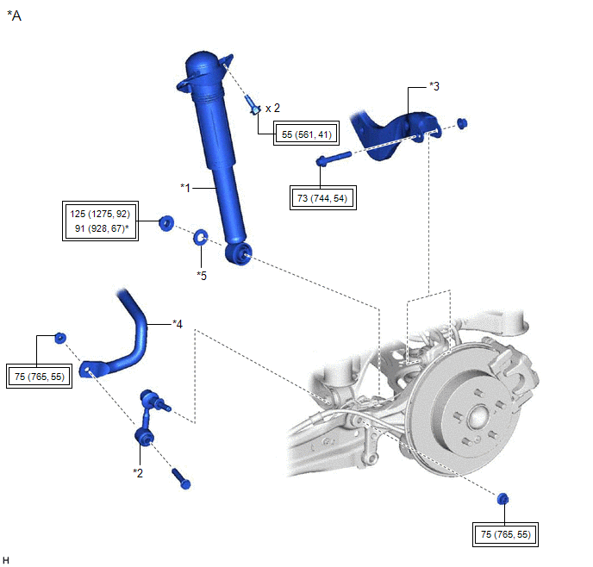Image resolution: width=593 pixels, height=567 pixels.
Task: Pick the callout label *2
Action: pos(137,472)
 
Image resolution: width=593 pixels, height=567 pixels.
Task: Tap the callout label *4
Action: pos(177,324)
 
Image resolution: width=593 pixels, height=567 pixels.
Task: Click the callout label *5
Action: pos(202,276)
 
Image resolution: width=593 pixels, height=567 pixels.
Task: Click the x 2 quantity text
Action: pos(272,108)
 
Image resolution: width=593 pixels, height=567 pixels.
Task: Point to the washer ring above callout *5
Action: pos(202,235)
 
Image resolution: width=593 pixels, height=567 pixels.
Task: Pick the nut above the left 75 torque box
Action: pos(59,336)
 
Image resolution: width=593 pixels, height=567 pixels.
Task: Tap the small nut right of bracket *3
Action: pos(462,122)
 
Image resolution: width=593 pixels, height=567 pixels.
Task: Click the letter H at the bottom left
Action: pos(6,559)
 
